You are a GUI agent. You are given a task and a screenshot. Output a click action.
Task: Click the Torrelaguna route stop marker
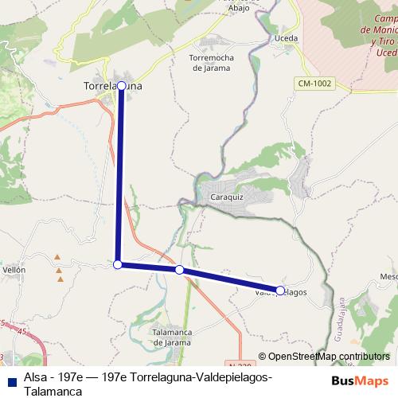click(x=121, y=84)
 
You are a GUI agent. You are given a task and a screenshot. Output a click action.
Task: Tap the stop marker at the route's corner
click(x=118, y=264)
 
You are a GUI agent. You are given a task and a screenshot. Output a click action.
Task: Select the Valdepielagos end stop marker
click(x=280, y=291)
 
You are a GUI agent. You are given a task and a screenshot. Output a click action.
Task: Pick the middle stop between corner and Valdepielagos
click(x=179, y=271)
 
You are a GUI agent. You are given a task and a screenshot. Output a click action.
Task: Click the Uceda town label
click(x=284, y=37)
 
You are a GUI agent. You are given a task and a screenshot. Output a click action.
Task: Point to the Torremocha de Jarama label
click(x=210, y=63)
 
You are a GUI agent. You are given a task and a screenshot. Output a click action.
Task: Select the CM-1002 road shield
click(x=315, y=84)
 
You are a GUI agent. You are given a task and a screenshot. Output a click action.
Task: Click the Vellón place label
click(x=14, y=270)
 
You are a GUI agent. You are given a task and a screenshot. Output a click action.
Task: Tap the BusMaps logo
click(x=361, y=380)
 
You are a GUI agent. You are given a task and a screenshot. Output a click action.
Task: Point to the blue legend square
click(x=12, y=380)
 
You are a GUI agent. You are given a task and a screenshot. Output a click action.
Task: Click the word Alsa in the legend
click(x=35, y=376)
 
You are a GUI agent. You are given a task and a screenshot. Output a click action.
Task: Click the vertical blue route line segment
click(x=119, y=175)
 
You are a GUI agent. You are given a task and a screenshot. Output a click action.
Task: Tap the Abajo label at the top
click(x=239, y=8)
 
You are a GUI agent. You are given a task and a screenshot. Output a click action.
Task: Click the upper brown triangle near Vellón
click(x=57, y=257)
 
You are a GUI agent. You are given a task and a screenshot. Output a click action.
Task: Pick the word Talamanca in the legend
click(x=53, y=392)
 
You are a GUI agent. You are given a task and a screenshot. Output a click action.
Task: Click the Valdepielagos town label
click(x=280, y=293)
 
